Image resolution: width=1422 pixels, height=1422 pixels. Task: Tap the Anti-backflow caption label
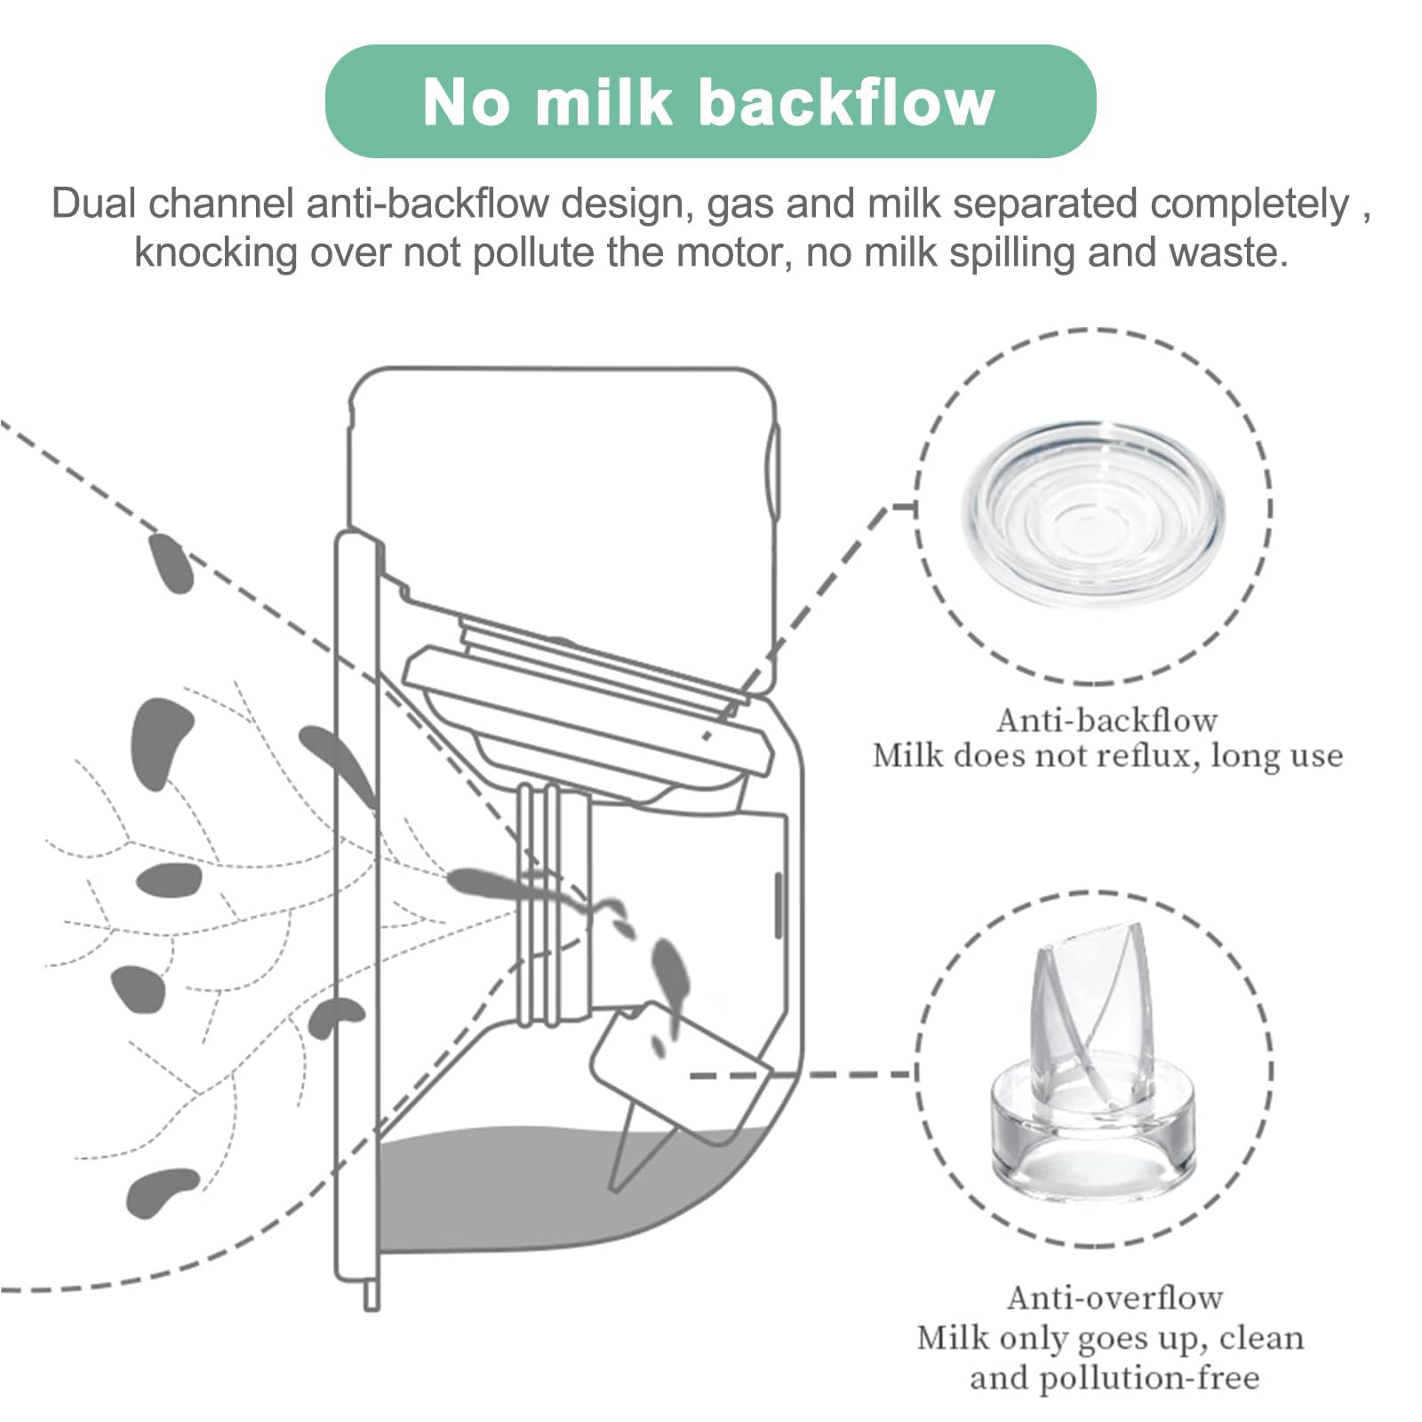(x=1106, y=720)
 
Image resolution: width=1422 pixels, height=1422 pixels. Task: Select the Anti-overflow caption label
(x=1114, y=1298)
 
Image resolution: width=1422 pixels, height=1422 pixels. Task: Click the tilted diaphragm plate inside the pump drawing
(x=587, y=711)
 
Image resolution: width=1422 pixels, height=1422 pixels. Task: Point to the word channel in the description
(x=220, y=204)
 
